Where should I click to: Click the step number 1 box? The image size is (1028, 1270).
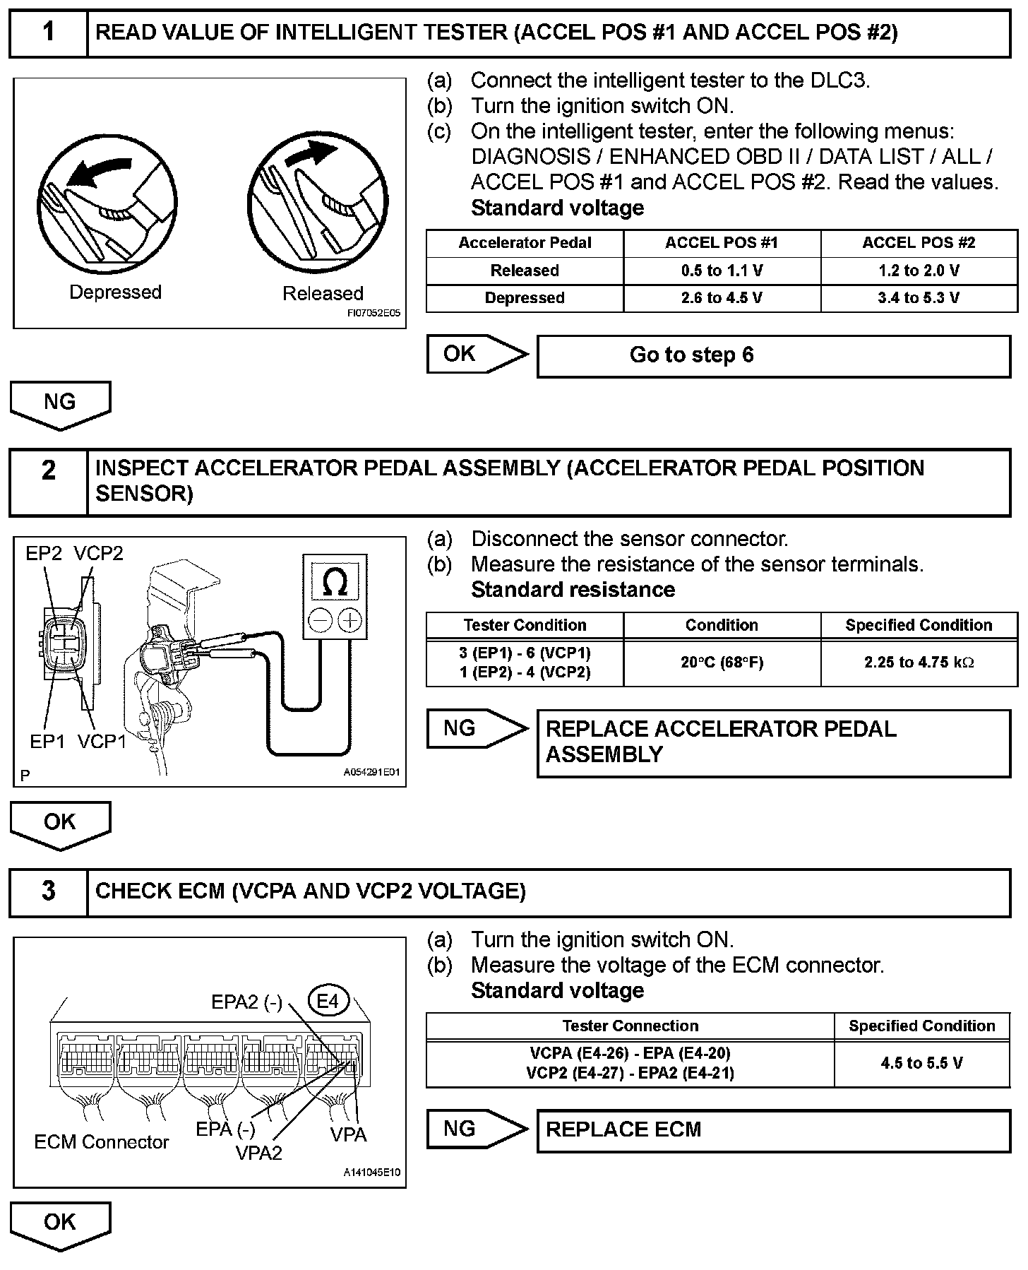[48, 32]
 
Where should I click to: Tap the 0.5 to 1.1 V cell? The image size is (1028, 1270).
[722, 271]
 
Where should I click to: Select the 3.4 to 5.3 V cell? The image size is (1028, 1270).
[919, 298]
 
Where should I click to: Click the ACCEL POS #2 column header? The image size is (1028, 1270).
[919, 243]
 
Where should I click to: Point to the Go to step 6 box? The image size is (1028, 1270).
[773, 355]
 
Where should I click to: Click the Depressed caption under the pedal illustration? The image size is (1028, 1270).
[115, 292]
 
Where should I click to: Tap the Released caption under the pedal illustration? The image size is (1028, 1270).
[323, 293]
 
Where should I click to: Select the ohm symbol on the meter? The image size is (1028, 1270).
[334, 583]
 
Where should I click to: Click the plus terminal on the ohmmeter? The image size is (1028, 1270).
[349, 621]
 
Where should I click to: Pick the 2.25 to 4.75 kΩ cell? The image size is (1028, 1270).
[919, 663]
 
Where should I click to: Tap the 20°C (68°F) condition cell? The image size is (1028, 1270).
[722, 663]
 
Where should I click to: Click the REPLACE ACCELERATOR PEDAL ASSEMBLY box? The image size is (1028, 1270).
[773, 742]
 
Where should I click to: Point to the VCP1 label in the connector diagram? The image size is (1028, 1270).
[102, 742]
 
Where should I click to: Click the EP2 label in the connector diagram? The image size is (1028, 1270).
[44, 554]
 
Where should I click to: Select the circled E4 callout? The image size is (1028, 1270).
[328, 1001]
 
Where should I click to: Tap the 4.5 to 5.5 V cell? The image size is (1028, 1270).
[921, 1063]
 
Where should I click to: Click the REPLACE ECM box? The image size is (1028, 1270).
[773, 1129]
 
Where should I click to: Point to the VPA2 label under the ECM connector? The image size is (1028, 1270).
[258, 1153]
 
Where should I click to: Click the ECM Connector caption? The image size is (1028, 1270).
[102, 1142]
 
